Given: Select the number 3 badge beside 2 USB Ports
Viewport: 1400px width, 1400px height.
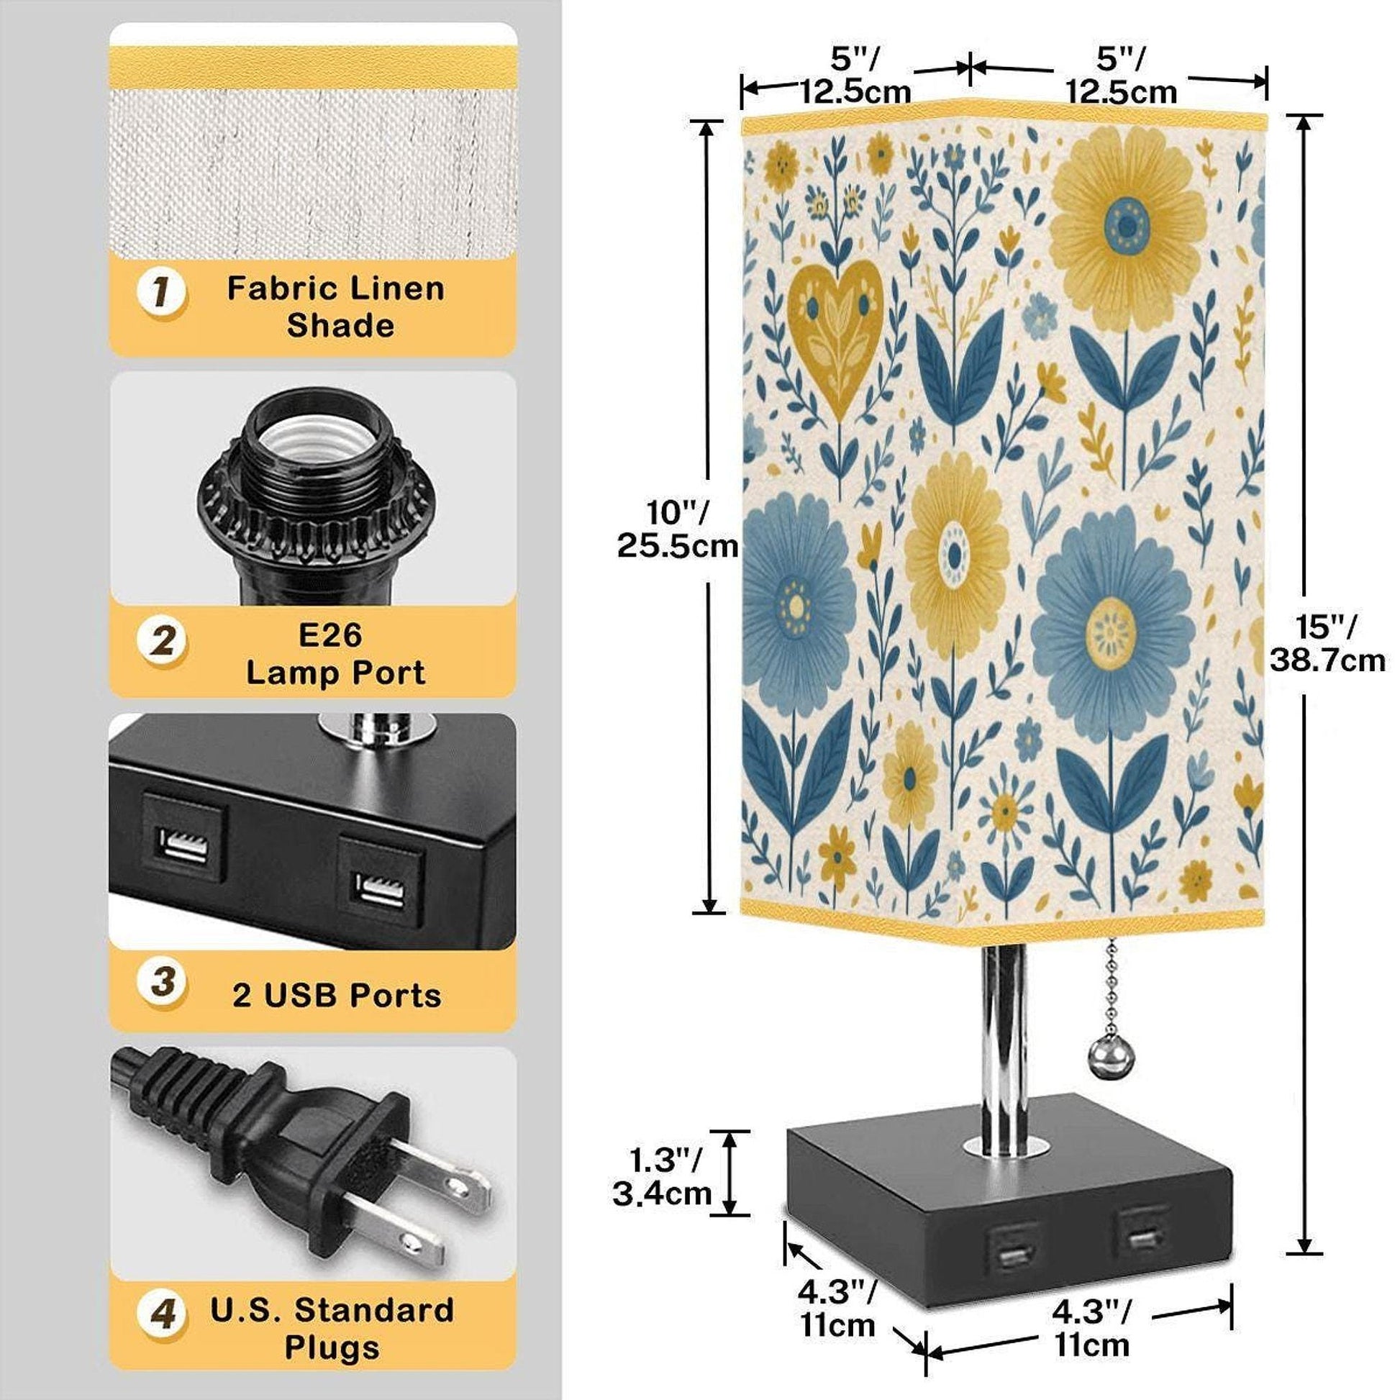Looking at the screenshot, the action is click(x=163, y=983).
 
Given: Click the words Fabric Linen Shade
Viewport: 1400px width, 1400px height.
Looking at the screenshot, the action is click(x=335, y=306).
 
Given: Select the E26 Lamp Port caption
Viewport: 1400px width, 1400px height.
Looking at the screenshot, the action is click(x=335, y=654).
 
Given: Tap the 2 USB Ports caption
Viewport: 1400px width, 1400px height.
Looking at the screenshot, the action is click(x=337, y=996).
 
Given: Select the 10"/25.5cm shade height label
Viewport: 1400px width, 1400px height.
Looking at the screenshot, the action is click(x=677, y=529).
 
